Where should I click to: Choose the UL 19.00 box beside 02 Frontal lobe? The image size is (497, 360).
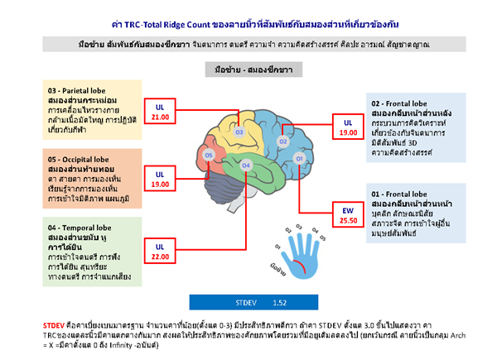[349, 127]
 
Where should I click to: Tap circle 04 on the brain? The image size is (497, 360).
[245, 166]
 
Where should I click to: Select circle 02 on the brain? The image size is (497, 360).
[282, 142]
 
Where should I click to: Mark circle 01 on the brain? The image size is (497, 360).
[299, 157]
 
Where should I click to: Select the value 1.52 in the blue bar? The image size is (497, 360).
[280, 304]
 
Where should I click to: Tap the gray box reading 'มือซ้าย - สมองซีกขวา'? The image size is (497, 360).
[247, 70]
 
